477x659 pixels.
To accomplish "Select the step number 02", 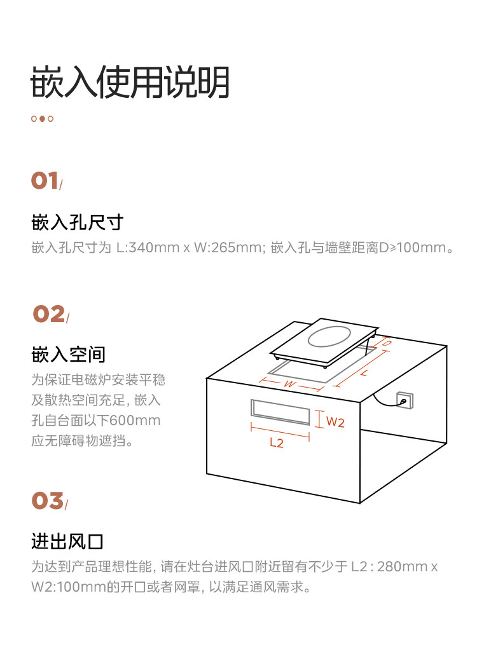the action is click(x=49, y=314).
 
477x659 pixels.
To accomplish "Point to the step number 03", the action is click(x=48, y=501).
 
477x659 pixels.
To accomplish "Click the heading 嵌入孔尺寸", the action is click(x=76, y=222).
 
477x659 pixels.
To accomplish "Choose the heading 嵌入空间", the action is click(x=68, y=354).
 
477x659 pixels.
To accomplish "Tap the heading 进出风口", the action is click(x=67, y=541).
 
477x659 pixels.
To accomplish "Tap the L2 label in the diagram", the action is click(x=277, y=444).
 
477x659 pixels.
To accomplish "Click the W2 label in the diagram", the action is click(x=335, y=421).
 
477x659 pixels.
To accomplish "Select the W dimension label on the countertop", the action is click(x=289, y=384).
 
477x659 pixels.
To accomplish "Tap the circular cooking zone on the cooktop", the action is click(x=329, y=337).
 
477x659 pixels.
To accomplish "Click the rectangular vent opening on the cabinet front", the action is click(x=280, y=412).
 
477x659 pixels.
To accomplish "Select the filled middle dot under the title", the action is click(x=42, y=119).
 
